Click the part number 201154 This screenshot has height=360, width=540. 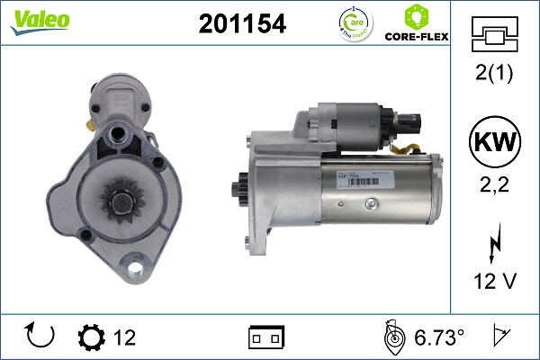pyautogui.click(x=241, y=25)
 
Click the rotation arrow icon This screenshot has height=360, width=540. pyautogui.click(x=41, y=337)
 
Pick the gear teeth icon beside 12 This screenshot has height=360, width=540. pyautogui.click(x=92, y=337)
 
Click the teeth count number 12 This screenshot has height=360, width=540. pyautogui.click(x=124, y=337)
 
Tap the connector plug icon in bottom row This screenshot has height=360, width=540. pyautogui.click(x=265, y=337)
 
